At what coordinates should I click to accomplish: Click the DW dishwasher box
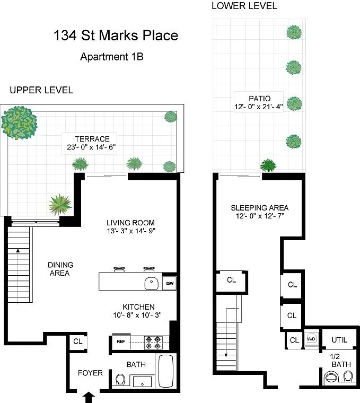click(x=170, y=283)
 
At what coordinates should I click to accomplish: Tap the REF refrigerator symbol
click(x=121, y=341)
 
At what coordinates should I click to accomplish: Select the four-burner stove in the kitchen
click(x=153, y=343)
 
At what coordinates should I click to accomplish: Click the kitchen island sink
click(x=151, y=284)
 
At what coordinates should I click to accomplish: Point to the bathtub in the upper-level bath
click(x=166, y=371)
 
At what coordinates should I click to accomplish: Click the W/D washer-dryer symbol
click(x=311, y=339)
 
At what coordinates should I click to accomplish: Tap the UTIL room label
click(x=339, y=340)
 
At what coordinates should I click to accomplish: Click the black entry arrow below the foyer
click(x=89, y=397)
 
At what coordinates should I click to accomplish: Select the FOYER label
click(x=90, y=373)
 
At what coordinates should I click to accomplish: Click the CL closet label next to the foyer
click(x=77, y=341)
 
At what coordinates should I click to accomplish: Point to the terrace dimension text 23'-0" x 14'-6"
click(x=91, y=147)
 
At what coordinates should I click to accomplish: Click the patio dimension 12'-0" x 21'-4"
click(x=259, y=107)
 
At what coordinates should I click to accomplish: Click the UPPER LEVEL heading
click(x=41, y=90)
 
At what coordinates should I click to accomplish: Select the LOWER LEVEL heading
click(x=244, y=6)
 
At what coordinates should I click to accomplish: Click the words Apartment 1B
click(x=112, y=57)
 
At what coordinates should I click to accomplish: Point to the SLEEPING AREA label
click(x=260, y=208)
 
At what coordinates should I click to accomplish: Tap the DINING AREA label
click(x=60, y=269)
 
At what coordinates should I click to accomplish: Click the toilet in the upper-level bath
click(x=120, y=380)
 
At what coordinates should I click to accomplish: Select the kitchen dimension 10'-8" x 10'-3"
click(x=137, y=315)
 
